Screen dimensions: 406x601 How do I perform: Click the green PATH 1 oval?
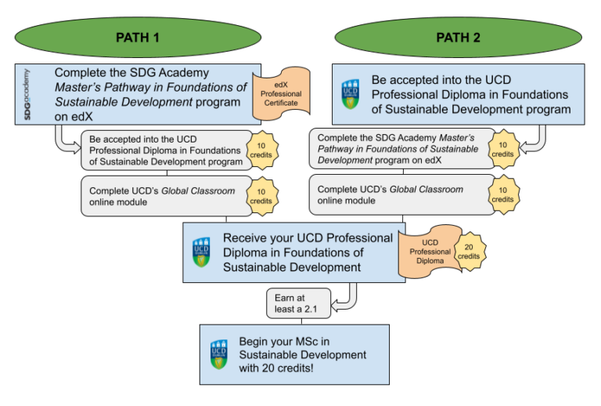137,37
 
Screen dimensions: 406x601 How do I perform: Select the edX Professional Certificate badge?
281,93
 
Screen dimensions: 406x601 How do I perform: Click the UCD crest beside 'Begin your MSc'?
218,355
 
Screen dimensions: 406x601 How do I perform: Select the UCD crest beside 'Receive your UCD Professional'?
202,252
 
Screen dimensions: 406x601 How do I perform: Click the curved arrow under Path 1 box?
65,140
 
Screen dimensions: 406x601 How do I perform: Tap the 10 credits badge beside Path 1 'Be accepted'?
261,150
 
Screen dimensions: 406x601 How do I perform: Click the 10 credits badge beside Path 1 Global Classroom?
261,195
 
